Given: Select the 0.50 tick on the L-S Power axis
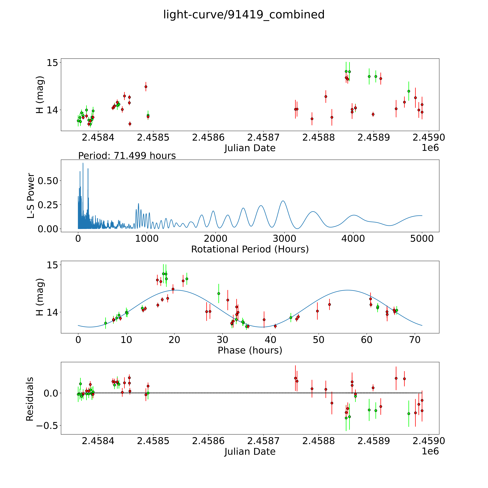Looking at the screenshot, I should click(x=48, y=181).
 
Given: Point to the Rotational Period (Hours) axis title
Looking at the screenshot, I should click(x=250, y=249).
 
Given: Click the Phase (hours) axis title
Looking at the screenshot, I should click(x=250, y=350).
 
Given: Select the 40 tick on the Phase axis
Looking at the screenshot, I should click(x=270, y=340).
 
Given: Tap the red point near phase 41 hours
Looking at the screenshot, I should click(x=275, y=326).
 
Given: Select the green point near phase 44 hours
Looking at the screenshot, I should click(x=291, y=317).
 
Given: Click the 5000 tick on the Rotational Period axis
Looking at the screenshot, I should click(x=422, y=238).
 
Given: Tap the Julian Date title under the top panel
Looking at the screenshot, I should click(x=250, y=148).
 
